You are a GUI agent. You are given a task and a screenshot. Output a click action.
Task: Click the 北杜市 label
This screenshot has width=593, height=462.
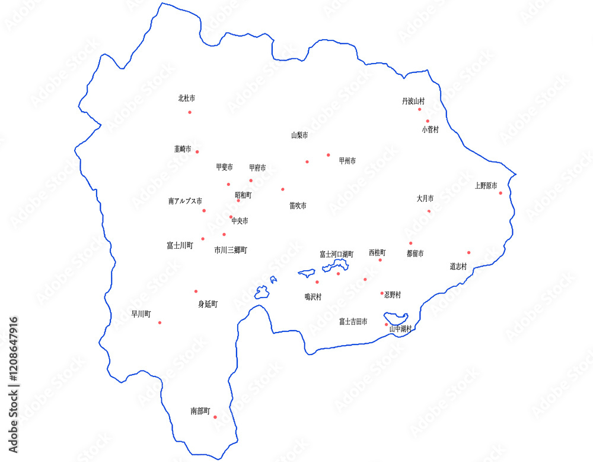187,99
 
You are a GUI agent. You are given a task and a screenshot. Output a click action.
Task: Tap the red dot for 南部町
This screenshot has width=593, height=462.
215,417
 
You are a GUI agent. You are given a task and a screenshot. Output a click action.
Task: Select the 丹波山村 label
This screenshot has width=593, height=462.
413,102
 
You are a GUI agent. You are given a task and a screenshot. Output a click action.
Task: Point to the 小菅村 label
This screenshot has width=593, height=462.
431,129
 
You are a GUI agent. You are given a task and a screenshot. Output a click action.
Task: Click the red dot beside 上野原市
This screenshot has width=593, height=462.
500,193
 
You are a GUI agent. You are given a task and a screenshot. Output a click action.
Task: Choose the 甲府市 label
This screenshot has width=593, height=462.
257,168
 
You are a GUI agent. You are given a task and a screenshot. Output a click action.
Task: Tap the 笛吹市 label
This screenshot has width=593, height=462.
298,206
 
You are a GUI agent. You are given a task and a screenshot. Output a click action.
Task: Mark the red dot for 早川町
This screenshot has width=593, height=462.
160,322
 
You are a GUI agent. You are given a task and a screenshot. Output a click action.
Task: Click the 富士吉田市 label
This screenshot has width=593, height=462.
353,322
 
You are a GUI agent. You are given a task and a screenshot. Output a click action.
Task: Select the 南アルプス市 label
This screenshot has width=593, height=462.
185,202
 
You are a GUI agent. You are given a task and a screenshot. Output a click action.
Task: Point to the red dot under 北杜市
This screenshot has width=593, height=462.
190,112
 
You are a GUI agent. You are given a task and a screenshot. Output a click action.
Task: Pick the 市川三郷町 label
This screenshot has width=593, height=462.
231,251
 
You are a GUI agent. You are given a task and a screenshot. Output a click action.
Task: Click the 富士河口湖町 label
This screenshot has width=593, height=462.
336,254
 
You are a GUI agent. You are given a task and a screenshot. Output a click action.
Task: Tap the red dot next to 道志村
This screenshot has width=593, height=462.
468,252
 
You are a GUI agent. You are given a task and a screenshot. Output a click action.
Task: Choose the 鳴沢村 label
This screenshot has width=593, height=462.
313,297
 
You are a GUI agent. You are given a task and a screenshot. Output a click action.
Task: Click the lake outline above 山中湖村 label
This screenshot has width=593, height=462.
395,317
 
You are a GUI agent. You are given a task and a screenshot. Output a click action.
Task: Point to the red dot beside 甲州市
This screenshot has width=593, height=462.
328,155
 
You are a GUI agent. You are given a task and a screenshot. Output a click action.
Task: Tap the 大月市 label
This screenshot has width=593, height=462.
425,199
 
